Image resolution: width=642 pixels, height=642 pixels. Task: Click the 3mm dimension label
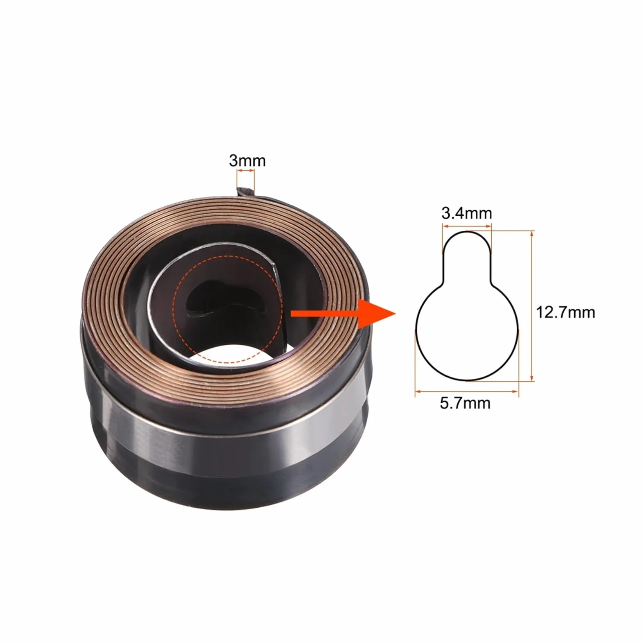[247, 160]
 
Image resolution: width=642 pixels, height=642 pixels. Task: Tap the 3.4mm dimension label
[467, 213]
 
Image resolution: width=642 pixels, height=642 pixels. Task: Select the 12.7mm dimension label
[565, 312]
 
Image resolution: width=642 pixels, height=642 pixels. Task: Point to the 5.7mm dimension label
[465, 403]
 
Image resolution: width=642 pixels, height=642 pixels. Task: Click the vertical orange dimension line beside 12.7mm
[532, 306]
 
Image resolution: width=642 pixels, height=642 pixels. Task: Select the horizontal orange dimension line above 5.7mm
[467, 391]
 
